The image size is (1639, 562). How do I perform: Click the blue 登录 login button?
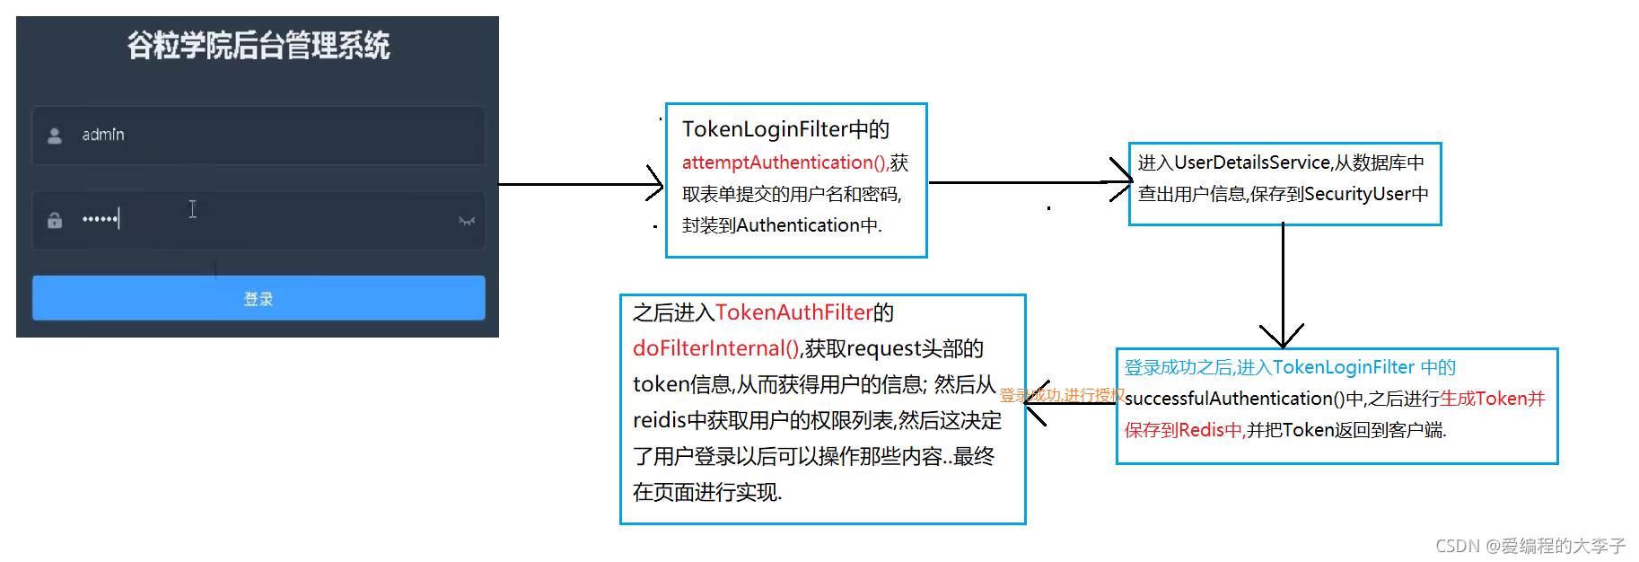259,298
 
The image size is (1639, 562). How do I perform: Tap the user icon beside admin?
55,136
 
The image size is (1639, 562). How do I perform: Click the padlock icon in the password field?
55,220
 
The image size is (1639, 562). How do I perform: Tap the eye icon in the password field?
466,221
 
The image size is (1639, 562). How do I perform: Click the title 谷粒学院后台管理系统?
259,46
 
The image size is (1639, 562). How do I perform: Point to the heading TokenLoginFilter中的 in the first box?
785,129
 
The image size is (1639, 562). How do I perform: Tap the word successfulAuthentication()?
1234,399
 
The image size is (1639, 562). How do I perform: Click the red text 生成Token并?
1492,399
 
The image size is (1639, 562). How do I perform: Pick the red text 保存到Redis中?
1184,430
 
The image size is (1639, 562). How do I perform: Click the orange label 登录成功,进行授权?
1062,395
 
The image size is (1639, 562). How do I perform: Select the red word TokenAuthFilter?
793,312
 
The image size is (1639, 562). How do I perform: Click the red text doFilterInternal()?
716,348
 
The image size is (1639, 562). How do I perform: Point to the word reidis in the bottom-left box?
658,420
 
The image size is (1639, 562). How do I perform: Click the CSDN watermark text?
1529,546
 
